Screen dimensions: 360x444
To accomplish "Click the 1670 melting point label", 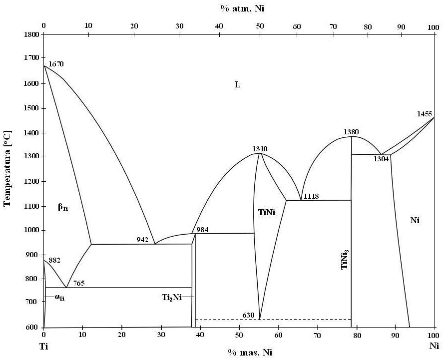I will click(56, 64).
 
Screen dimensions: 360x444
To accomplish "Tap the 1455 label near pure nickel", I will click(425, 114).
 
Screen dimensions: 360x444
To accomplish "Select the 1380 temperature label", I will click(351, 132).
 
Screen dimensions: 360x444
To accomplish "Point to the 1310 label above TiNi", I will click(260, 149).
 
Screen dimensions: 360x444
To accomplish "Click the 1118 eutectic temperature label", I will click(312, 197).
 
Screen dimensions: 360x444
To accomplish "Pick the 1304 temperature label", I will click(381, 159).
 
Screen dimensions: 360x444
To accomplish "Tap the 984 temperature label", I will click(202, 230).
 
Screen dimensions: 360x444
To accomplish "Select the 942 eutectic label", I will click(142, 240).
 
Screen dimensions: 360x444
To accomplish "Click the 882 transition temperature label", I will click(55, 261).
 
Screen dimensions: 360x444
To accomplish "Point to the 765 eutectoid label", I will click(79, 283).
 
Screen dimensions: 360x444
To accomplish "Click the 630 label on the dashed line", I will click(248, 315).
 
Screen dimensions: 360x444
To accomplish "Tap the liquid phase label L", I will click(238, 85).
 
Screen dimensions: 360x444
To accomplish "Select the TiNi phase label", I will click(267, 212).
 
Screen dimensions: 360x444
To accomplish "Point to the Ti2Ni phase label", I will click(171, 297).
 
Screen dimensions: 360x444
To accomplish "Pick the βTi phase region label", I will click(63, 208).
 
